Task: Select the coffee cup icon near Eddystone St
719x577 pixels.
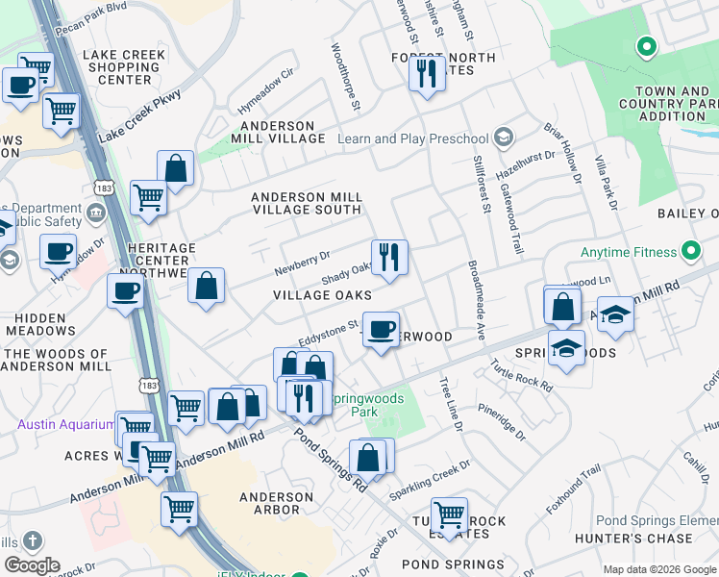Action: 382,330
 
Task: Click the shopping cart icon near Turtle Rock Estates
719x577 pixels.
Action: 449,515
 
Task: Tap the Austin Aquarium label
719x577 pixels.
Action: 61,424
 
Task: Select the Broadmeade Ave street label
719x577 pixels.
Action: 474,300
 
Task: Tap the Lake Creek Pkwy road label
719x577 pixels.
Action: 139,119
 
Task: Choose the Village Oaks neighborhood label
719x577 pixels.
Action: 322,295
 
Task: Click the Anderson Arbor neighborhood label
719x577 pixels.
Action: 276,504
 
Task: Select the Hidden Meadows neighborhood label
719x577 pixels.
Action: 38,324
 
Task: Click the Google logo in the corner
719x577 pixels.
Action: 32,565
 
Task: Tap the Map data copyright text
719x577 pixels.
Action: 658,569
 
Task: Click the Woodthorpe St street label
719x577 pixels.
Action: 344,76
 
